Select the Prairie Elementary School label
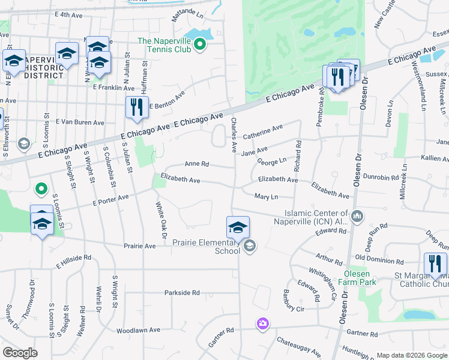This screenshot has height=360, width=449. (x=206, y=247)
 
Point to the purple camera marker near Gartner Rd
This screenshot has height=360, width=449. (x=262, y=325)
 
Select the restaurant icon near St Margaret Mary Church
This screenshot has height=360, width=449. (x=435, y=264)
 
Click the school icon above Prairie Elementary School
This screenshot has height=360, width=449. (x=238, y=227)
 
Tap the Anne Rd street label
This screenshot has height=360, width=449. (x=196, y=164)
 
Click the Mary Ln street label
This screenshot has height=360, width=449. (x=266, y=197)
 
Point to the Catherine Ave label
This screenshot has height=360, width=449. (x=262, y=129)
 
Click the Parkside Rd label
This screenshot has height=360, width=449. (x=182, y=293)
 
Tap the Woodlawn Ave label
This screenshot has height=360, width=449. (x=138, y=330)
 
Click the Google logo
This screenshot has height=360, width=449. (x=20, y=352)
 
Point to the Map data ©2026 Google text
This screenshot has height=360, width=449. (x=411, y=355)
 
